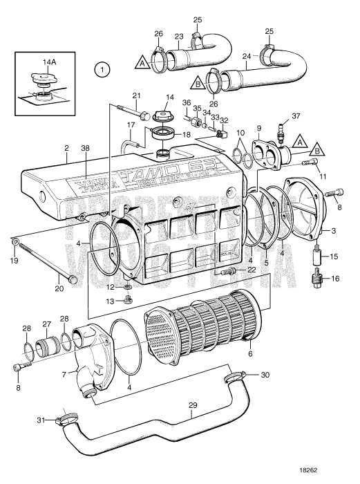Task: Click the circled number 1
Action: coord(102,69)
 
